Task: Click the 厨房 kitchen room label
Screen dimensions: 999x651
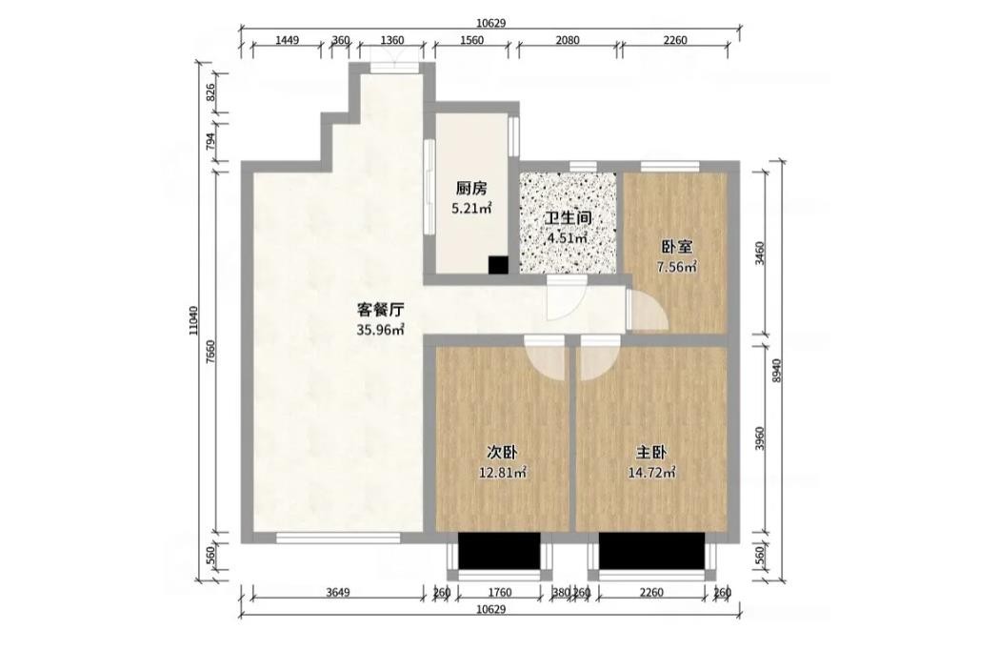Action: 471,188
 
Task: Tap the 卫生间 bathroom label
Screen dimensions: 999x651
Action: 568,218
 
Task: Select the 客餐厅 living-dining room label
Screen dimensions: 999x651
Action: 380,311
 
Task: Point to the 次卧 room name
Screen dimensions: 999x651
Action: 502,453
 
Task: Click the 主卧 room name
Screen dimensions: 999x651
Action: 651,453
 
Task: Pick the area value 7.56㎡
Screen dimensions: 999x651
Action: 676,267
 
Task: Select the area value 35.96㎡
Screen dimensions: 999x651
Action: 380,330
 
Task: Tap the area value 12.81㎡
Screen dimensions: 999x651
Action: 502,473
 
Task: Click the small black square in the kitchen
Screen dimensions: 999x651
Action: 497,265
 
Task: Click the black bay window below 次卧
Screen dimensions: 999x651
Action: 499,551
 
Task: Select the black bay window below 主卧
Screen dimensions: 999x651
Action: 651,551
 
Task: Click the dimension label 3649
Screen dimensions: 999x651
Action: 338,593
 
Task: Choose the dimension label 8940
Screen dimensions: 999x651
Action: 776,370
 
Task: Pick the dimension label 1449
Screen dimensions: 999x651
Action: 288,40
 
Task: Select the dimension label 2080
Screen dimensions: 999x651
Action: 568,40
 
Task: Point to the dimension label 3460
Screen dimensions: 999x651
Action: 759,254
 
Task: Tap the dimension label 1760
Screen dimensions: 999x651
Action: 499,593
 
